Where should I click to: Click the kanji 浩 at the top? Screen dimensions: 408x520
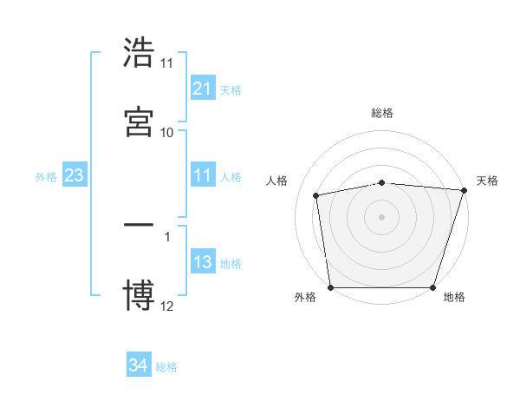coord(140,54)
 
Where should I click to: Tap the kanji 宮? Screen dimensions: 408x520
coord(140,121)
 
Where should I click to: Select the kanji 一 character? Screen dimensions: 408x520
coord(140,226)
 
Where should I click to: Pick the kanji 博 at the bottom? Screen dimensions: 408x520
coord(140,295)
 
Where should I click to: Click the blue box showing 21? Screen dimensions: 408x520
coord(202,88)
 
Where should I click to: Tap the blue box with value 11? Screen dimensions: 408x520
coord(202,175)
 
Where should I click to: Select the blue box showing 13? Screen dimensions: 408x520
coord(202,262)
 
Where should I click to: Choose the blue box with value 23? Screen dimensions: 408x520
coord(74,175)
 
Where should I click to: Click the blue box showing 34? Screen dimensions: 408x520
coord(138,365)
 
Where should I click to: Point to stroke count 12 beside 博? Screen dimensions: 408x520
coord(167,306)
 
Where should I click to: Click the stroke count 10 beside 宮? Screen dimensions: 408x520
coord(167,132)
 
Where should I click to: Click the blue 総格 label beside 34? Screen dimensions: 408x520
coord(166,367)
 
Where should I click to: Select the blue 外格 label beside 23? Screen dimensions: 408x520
coord(46,177)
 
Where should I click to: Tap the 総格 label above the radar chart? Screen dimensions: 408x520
coord(382,113)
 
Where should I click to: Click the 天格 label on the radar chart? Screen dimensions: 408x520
coord(487,181)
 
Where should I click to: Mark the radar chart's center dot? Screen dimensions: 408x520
coord(382,216)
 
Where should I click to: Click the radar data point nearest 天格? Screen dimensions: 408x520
coord(464,190)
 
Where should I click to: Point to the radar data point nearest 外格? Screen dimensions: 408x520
coord(331,286)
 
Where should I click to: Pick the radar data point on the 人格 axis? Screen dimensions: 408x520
coord(317,195)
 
